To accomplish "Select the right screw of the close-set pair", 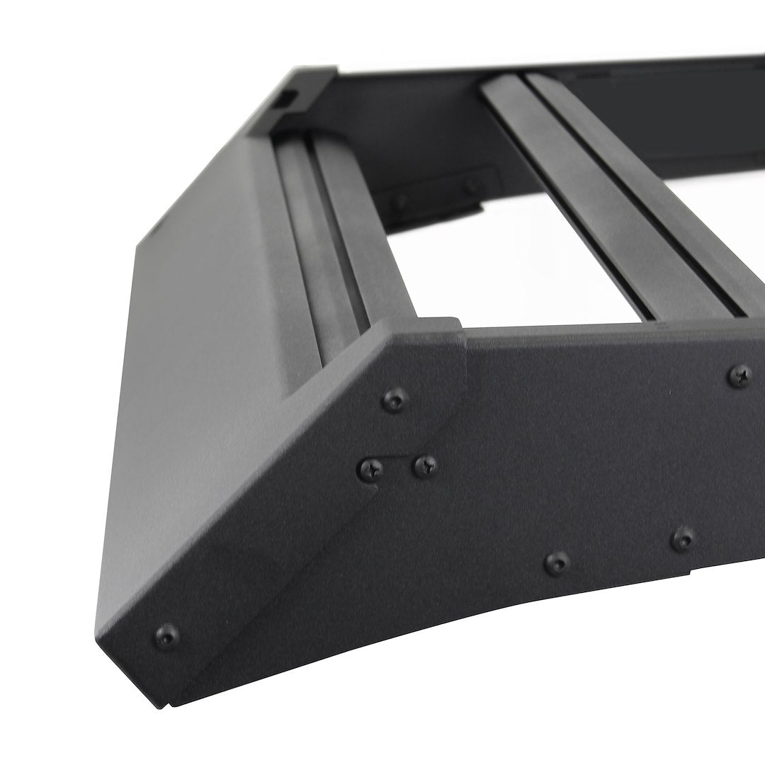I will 425,465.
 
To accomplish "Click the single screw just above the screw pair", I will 395,401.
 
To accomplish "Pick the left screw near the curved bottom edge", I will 558,563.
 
